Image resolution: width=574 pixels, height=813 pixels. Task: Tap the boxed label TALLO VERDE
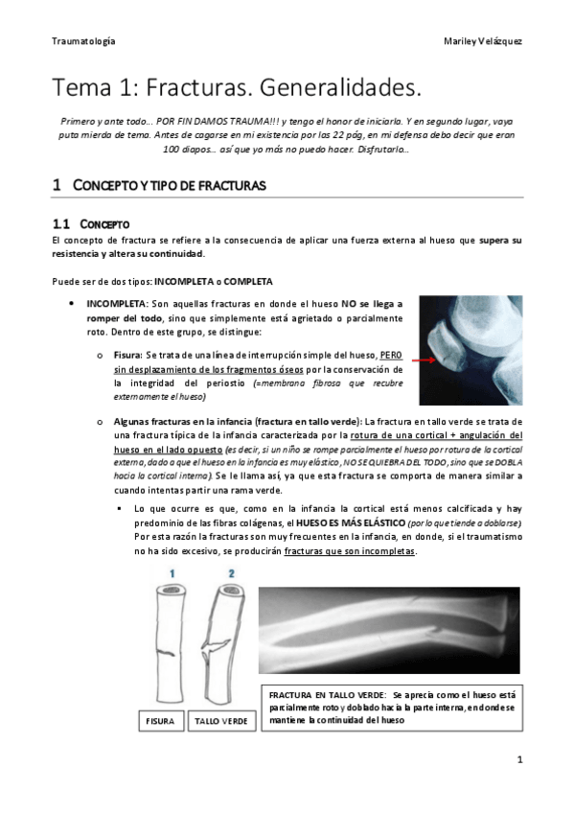(x=221, y=720)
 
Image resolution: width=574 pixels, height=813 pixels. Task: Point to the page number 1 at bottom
(x=519, y=759)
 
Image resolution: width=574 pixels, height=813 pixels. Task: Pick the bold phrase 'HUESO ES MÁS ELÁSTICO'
(x=350, y=523)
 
